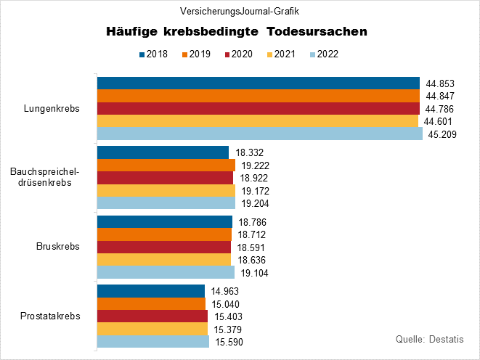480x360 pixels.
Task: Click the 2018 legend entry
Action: click(152, 54)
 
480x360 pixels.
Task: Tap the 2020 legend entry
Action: click(237, 54)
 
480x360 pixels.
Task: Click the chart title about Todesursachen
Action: click(237, 32)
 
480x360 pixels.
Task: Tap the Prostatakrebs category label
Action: click(51, 316)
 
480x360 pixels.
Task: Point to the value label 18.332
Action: click(251, 152)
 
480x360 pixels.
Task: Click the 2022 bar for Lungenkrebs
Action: click(259, 134)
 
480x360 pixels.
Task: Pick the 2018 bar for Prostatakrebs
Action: click(151, 291)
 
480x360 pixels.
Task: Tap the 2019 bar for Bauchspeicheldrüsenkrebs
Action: click(166, 165)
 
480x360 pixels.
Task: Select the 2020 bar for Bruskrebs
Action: click(163, 247)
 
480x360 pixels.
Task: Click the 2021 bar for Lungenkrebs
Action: click(257, 121)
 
